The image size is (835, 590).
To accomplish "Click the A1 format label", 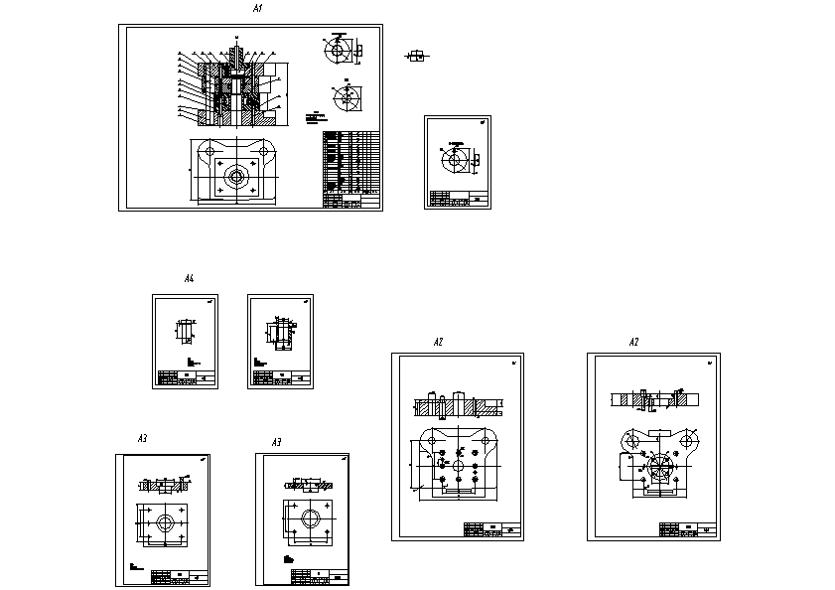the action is pos(256,9).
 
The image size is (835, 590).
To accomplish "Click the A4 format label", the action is pos(189,279).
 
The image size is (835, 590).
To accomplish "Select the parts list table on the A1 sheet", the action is pos(350,169).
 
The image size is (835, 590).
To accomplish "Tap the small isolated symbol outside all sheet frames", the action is pos(419,56).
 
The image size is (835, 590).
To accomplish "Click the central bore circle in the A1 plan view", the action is pos(236,178).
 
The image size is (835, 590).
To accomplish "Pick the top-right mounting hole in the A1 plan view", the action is pos(264,151).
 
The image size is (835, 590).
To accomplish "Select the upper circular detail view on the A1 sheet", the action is pos(339,49).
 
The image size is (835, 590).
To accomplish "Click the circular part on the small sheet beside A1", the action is pos(456,159).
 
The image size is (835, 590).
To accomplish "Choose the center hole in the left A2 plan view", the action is pos(460,464).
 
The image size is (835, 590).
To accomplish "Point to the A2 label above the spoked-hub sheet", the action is pos(634,342).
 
